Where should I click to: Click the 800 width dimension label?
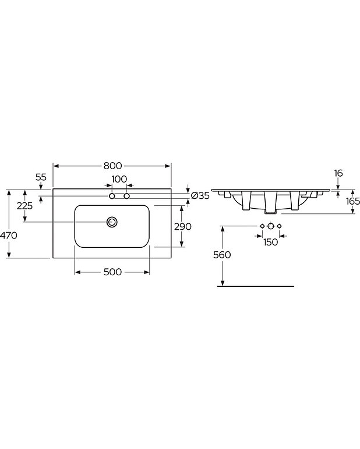[x=112, y=166]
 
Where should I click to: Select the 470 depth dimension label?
[x=9, y=236]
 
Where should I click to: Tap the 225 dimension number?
[x=24, y=206]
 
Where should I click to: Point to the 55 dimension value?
[x=41, y=177]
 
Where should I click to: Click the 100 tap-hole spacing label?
[x=119, y=179]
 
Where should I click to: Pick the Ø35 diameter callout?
[x=200, y=196]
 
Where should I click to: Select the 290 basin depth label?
[x=183, y=226]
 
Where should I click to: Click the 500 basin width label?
[x=112, y=272]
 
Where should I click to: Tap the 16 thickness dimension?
[x=338, y=173]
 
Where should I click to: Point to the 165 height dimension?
[x=353, y=201]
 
